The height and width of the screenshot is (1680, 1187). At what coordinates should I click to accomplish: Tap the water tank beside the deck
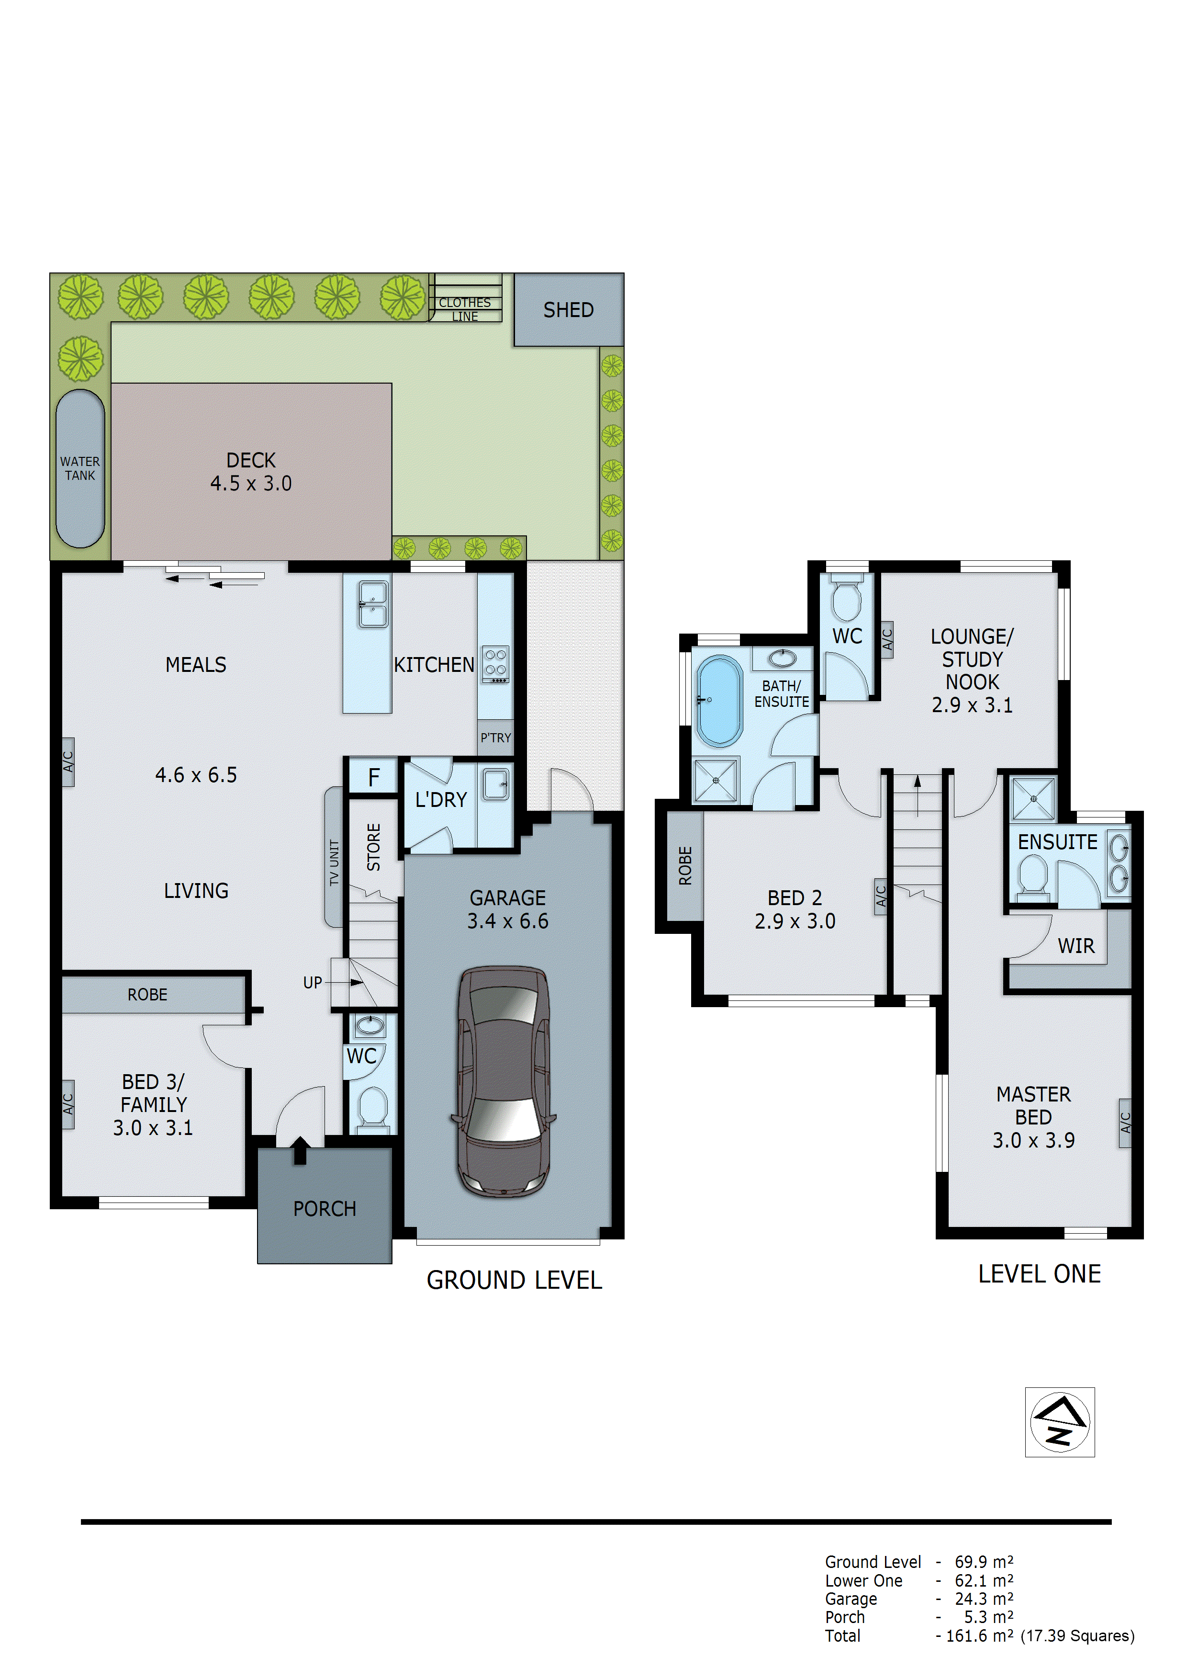coord(80,468)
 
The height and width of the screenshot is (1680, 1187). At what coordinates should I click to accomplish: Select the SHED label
coord(568,310)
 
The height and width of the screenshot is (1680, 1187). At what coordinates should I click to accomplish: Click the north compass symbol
coord(1059,1422)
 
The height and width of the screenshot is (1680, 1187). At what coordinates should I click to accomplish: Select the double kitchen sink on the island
coord(373,604)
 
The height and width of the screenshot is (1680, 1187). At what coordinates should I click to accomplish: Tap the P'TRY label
coord(495,738)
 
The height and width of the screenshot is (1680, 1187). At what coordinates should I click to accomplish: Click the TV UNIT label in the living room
coord(334,863)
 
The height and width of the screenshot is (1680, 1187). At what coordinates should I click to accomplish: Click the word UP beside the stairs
coord(312,983)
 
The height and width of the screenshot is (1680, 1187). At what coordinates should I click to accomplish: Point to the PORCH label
coord(324,1209)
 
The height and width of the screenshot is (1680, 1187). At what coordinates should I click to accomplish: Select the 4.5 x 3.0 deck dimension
coord(251,484)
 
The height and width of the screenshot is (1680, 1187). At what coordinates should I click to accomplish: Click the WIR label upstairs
coord(1076,946)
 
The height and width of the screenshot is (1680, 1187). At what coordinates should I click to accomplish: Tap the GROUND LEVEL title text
coord(514,1280)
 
